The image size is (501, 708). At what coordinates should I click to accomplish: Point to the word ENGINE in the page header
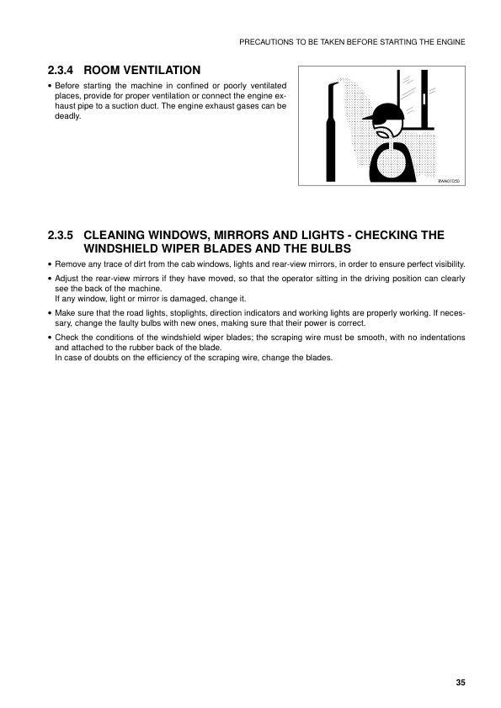click(450, 40)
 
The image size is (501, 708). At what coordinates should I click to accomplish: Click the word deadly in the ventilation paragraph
click(68, 116)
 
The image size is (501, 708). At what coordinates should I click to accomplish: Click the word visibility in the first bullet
click(444, 265)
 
